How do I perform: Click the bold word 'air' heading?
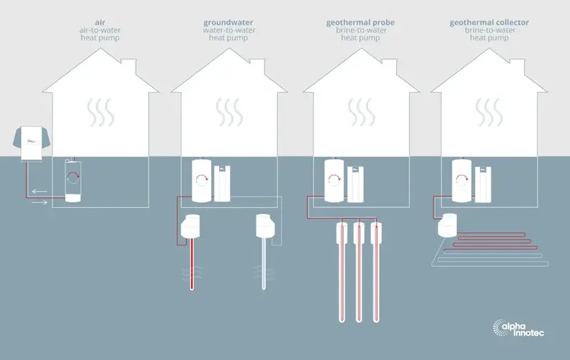click(100, 22)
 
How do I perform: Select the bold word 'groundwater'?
click(228, 23)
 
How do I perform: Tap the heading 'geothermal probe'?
click(360, 23)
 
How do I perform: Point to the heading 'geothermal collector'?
click(489, 23)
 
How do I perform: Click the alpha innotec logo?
click(518, 328)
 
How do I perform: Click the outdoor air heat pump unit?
click(31, 143)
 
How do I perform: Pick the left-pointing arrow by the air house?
click(39, 192)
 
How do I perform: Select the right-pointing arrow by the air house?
click(39, 202)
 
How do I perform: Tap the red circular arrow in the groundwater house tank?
click(201, 179)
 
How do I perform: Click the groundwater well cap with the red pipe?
click(190, 226)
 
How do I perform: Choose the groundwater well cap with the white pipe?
click(265, 225)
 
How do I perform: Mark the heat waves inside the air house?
click(100, 112)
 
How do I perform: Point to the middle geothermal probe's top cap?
click(359, 232)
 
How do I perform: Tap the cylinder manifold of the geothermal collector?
click(448, 225)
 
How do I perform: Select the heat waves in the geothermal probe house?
click(361, 112)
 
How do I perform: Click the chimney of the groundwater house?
click(257, 66)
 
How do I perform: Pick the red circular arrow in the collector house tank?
click(462, 180)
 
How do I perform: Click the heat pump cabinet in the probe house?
click(355, 184)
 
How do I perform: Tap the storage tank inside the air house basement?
click(73, 180)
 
